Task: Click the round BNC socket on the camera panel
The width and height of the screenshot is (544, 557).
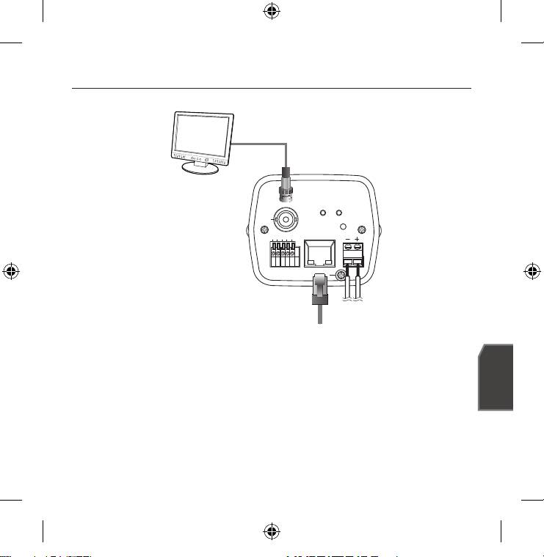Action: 285,218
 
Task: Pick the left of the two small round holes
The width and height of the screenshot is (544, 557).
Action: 322,214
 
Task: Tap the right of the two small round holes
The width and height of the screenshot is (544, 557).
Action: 338,214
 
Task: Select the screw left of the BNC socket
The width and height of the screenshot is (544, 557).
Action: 264,234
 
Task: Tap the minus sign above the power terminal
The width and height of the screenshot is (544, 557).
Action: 347,239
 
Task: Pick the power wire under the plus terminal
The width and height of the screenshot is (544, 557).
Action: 360,289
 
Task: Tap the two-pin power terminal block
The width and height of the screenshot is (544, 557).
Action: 353,254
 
